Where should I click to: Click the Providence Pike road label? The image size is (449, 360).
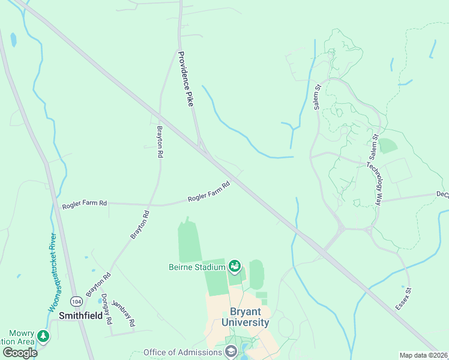pos(185,79)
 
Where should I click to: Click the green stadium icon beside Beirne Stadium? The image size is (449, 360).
pos(235,265)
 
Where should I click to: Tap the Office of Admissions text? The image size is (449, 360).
pos(182,352)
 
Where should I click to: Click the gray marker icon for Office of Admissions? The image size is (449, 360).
pos(231,352)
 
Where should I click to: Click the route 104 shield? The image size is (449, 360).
pos(76,300)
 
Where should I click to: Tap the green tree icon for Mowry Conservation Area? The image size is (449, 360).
pos(43,336)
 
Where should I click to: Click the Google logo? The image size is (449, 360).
pos(20,352)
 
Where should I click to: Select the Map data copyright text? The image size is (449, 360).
pos(424,355)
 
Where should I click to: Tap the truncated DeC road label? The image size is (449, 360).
pos(442,194)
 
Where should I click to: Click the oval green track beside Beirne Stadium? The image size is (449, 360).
pos(256,275)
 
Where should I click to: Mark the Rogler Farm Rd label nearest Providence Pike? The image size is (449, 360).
pos(209,192)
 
